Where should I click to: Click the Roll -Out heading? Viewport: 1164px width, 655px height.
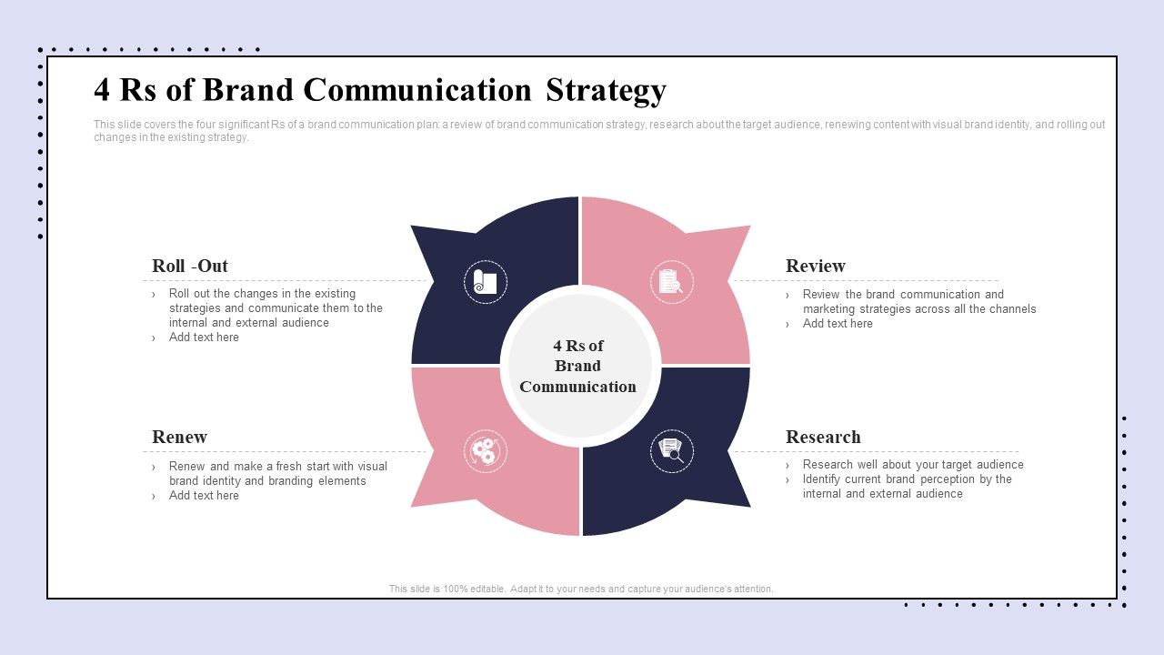(x=190, y=266)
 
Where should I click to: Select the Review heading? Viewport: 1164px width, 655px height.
(x=815, y=266)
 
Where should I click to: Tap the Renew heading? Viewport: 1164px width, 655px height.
(x=179, y=437)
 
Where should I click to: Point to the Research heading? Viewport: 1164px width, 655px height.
(x=823, y=437)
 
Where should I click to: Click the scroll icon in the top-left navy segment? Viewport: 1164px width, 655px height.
(x=486, y=282)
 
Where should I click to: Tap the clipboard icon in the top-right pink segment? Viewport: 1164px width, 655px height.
(x=671, y=282)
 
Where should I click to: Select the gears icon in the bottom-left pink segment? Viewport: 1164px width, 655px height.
(x=486, y=451)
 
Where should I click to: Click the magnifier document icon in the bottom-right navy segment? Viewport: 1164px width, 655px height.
(x=671, y=451)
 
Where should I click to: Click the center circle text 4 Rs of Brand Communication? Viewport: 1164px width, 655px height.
(x=577, y=366)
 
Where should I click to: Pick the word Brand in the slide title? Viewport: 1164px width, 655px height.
(x=248, y=90)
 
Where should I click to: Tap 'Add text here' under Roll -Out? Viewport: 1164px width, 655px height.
(x=204, y=338)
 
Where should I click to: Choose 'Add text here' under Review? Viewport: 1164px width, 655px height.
(x=838, y=324)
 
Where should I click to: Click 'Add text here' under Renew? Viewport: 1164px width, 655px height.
(x=204, y=496)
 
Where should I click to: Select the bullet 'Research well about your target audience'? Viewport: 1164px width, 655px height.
(x=912, y=465)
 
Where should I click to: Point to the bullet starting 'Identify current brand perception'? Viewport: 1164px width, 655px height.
(x=906, y=487)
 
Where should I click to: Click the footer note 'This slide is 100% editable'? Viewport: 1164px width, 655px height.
(x=581, y=589)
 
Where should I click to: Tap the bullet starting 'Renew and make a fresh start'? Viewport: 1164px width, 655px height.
(x=276, y=474)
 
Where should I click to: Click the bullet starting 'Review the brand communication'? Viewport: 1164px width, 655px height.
(x=918, y=301)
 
